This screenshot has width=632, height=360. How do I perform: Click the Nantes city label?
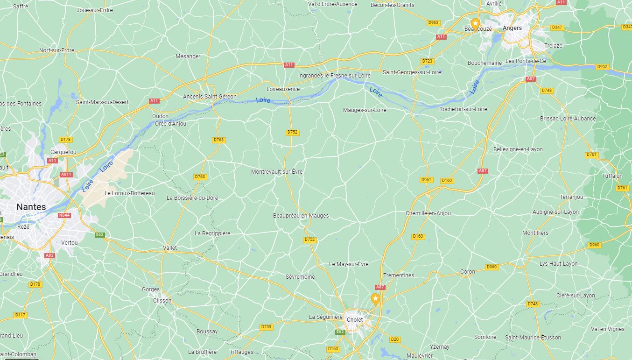pyautogui.click(x=31, y=207)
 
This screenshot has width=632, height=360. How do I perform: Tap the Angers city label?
pyautogui.click(x=512, y=28)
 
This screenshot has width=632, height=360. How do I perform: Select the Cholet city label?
pyautogui.click(x=355, y=320)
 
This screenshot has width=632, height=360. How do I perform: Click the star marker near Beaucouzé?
pyautogui.click(x=475, y=23)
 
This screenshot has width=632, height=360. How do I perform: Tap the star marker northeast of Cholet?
pyautogui.click(x=375, y=298)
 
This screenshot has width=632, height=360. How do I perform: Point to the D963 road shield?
pyautogui.click(x=433, y=22)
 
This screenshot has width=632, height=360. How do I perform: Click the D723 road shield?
pyautogui.click(x=427, y=61)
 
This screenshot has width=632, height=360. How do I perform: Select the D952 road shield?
pyautogui.click(x=602, y=67)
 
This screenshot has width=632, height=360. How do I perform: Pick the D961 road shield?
pyautogui.click(x=426, y=180)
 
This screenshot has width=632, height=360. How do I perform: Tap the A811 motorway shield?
pyautogui.click(x=66, y=175)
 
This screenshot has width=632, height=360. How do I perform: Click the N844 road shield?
pyautogui.click(x=64, y=215)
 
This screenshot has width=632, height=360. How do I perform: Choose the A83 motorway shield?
pyautogui.click(x=50, y=255)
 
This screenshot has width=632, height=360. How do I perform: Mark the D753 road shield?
pyautogui.click(x=266, y=327)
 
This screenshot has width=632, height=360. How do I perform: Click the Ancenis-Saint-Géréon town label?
pyautogui.click(x=210, y=97)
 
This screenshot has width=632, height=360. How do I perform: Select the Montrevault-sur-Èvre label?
pyautogui.click(x=277, y=172)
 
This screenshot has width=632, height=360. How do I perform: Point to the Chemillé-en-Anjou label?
pyautogui.click(x=428, y=213)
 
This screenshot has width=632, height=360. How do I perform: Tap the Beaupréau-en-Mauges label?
pyautogui.click(x=301, y=216)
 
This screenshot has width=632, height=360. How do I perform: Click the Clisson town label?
pyautogui.click(x=162, y=301)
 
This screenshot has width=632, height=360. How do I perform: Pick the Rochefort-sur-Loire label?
pyautogui.click(x=463, y=109)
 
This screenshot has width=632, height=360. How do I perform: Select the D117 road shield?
pyautogui.click(x=21, y=315)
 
